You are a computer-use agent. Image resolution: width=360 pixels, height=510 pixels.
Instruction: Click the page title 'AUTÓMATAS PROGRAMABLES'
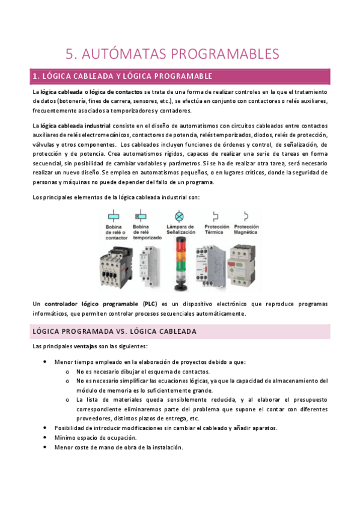pos(180,54)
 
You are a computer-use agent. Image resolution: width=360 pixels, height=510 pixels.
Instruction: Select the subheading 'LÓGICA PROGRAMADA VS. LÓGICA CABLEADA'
pos(114,331)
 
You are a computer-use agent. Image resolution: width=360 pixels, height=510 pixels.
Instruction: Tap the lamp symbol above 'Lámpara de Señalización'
pos(178,217)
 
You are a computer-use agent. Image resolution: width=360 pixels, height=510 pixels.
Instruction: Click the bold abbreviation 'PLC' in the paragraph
pos(150,304)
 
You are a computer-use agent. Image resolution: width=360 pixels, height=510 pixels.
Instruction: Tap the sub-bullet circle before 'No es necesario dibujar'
pos(67,372)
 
